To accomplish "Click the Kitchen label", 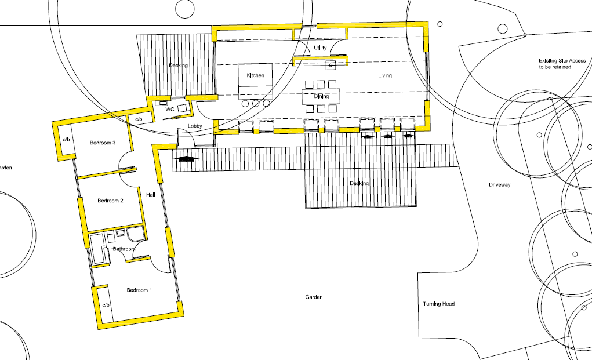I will (x=256, y=76).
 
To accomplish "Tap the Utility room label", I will (x=320, y=48).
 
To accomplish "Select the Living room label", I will (x=386, y=76).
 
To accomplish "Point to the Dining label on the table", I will (x=321, y=96).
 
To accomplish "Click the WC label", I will (x=170, y=109).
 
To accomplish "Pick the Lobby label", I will (x=195, y=126).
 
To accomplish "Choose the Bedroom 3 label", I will (x=103, y=143).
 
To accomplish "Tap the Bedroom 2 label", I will (x=110, y=201).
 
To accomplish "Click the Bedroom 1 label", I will (x=139, y=290).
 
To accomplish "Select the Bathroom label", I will (x=124, y=249).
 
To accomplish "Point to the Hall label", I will (x=151, y=195).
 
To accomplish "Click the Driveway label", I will (x=499, y=185).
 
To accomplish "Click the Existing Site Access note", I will (x=562, y=64).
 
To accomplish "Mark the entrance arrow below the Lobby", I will (x=187, y=158).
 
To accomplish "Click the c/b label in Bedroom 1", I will (x=106, y=304).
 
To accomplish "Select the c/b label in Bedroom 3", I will (x=66, y=140).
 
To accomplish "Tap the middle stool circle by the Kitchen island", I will (x=256, y=103).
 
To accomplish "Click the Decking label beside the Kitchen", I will (x=179, y=66).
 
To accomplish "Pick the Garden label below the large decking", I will (x=314, y=297).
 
